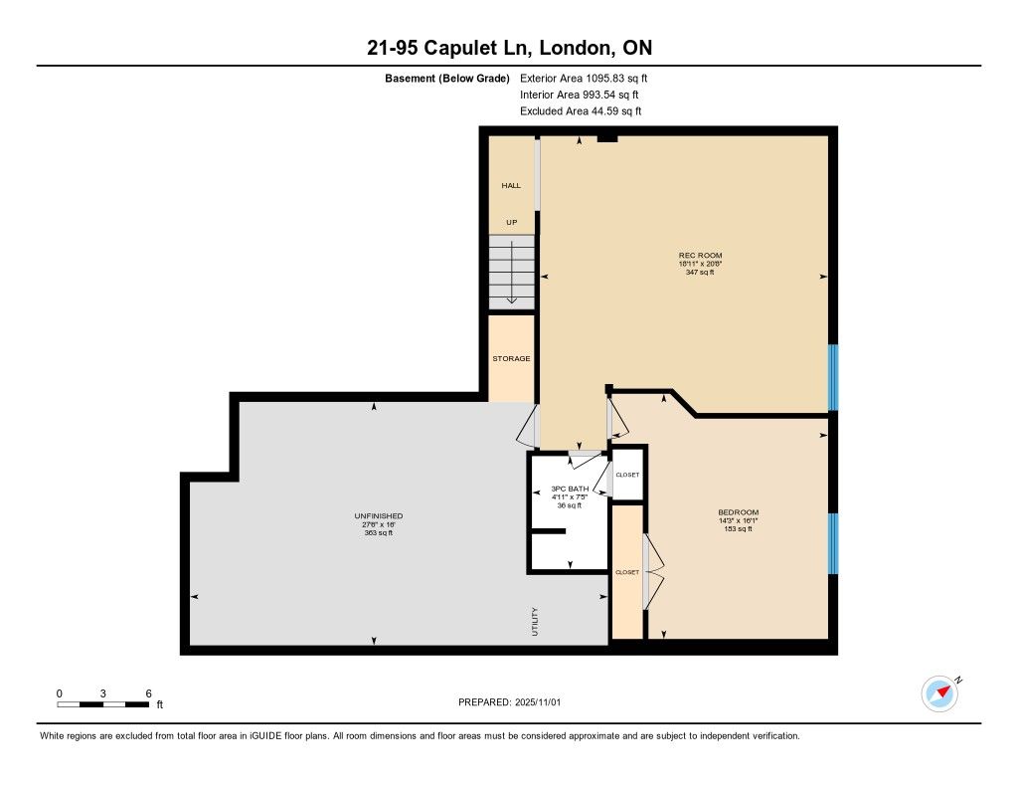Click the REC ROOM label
[x=700, y=256]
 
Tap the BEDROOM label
[x=739, y=512]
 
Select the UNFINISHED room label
[x=379, y=516]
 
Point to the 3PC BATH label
[x=570, y=489]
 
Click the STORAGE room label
[x=511, y=359]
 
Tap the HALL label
[x=511, y=186]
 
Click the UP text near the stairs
[x=512, y=222]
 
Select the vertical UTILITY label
[x=535, y=621]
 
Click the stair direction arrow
[x=512, y=273]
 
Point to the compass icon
[x=939, y=694]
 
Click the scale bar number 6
[x=149, y=693]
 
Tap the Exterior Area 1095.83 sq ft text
[x=584, y=79]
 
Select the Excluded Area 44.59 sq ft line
[x=581, y=111]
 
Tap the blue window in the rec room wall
[x=833, y=377]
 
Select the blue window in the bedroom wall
[x=833, y=544]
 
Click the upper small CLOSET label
[x=627, y=475]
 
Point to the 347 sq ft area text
[x=700, y=273]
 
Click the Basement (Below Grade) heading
[x=447, y=79]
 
